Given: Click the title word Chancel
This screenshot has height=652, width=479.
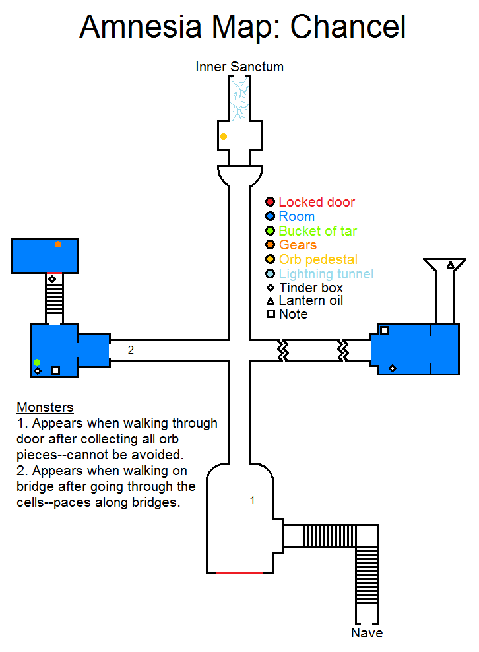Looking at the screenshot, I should click(x=348, y=28).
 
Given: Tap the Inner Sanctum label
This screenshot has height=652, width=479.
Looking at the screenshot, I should click(x=239, y=67).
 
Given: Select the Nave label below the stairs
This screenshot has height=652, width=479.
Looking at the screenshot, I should click(x=367, y=633).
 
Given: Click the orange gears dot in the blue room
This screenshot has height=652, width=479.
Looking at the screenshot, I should click(x=58, y=244).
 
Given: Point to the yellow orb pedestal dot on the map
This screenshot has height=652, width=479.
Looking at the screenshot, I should click(x=224, y=137).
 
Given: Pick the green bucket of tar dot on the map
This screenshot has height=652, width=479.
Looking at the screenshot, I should click(x=37, y=362).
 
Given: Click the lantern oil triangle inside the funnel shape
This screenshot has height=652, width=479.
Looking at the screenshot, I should click(x=451, y=265).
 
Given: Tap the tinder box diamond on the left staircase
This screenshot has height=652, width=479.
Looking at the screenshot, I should click(x=52, y=280).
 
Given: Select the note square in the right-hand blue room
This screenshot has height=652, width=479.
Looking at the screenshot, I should click(x=384, y=330).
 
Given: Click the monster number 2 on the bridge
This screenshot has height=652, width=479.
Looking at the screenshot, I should click(x=131, y=350).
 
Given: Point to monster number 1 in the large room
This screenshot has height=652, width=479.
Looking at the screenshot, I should click(x=252, y=501).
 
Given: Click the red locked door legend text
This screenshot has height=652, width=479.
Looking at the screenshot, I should click(x=317, y=202).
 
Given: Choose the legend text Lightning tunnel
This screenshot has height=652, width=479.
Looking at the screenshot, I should click(x=326, y=274).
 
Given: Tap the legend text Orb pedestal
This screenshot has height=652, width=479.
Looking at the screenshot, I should click(x=318, y=259).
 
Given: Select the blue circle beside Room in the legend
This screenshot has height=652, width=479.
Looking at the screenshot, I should click(x=270, y=216).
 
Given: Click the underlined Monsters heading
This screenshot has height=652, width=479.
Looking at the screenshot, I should click(x=45, y=407).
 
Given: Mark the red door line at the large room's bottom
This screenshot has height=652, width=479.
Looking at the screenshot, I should click(x=239, y=573).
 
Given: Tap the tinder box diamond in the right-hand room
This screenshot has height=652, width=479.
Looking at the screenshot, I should click(x=393, y=368).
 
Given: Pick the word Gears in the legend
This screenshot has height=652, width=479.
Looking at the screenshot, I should click(x=298, y=245).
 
